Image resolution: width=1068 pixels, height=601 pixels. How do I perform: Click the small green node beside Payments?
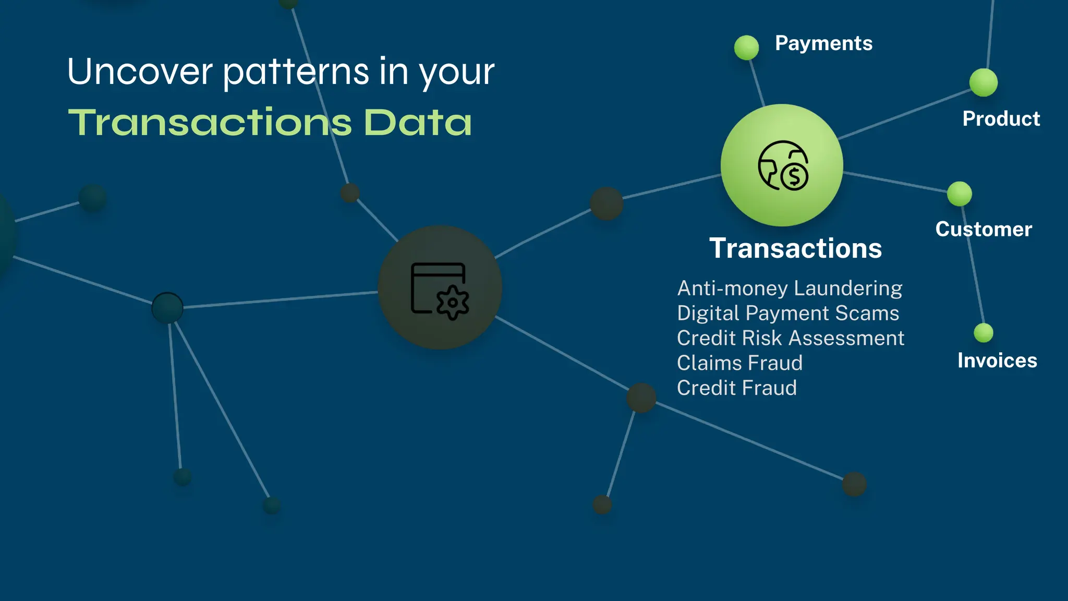746,47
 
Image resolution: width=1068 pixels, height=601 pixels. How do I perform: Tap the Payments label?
823,43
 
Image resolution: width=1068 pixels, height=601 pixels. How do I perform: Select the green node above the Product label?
984,82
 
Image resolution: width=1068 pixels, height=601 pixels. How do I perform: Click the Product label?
1001,119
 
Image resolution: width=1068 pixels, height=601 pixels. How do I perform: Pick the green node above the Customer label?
960,194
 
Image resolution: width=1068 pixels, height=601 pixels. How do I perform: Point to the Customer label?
984,230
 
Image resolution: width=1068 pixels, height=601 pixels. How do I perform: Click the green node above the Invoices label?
984,333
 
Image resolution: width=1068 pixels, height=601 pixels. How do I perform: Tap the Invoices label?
997,360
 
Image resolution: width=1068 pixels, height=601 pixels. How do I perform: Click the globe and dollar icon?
782,165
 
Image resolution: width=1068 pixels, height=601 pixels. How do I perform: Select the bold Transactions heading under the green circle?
795,248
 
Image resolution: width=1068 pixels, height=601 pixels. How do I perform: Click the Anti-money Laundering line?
790,289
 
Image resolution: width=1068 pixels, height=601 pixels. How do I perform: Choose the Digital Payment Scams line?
788,314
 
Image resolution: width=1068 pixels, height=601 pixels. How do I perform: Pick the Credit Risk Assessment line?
791,339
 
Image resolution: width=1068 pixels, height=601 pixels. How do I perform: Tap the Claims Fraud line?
739,363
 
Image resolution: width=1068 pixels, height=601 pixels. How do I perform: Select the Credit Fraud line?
736,388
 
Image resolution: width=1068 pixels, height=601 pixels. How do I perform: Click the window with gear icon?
440,290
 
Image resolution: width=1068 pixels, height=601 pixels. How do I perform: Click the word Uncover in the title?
140,71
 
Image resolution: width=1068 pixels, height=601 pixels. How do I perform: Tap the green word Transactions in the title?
210,123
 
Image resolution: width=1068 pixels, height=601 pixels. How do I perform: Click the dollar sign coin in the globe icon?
795,177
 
